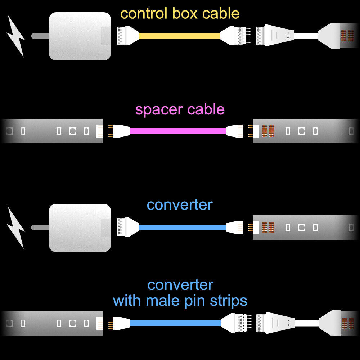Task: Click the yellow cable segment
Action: [179, 36]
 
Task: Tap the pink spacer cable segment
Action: [178, 131]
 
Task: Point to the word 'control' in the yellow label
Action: [144, 14]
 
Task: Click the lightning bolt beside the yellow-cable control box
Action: [16, 36]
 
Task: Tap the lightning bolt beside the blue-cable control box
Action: [16, 228]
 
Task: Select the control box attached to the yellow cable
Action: [80, 36]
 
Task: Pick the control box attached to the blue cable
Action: [80, 228]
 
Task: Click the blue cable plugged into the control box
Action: [182, 228]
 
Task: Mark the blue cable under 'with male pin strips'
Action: [175, 323]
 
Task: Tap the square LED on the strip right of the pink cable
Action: [301, 131]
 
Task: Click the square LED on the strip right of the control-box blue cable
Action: [301, 228]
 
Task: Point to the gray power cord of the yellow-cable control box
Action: [40, 36]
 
